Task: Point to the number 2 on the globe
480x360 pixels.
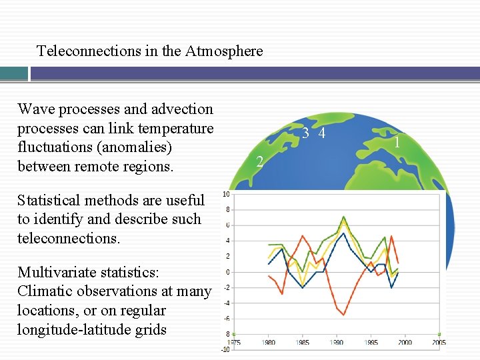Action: (260, 161)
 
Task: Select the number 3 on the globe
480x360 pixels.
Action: (305, 133)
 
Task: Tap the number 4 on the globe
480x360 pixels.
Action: (322, 133)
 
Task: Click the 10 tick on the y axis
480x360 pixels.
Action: (226, 195)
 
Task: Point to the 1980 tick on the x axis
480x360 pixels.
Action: (268, 343)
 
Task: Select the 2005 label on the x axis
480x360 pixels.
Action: (438, 343)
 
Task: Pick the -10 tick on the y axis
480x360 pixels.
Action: (225, 350)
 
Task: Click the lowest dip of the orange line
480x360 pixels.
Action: (343, 314)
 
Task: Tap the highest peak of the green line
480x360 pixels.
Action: (343, 217)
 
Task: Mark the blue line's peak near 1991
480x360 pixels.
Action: (343, 233)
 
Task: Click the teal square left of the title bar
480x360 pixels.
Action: (14, 73)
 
